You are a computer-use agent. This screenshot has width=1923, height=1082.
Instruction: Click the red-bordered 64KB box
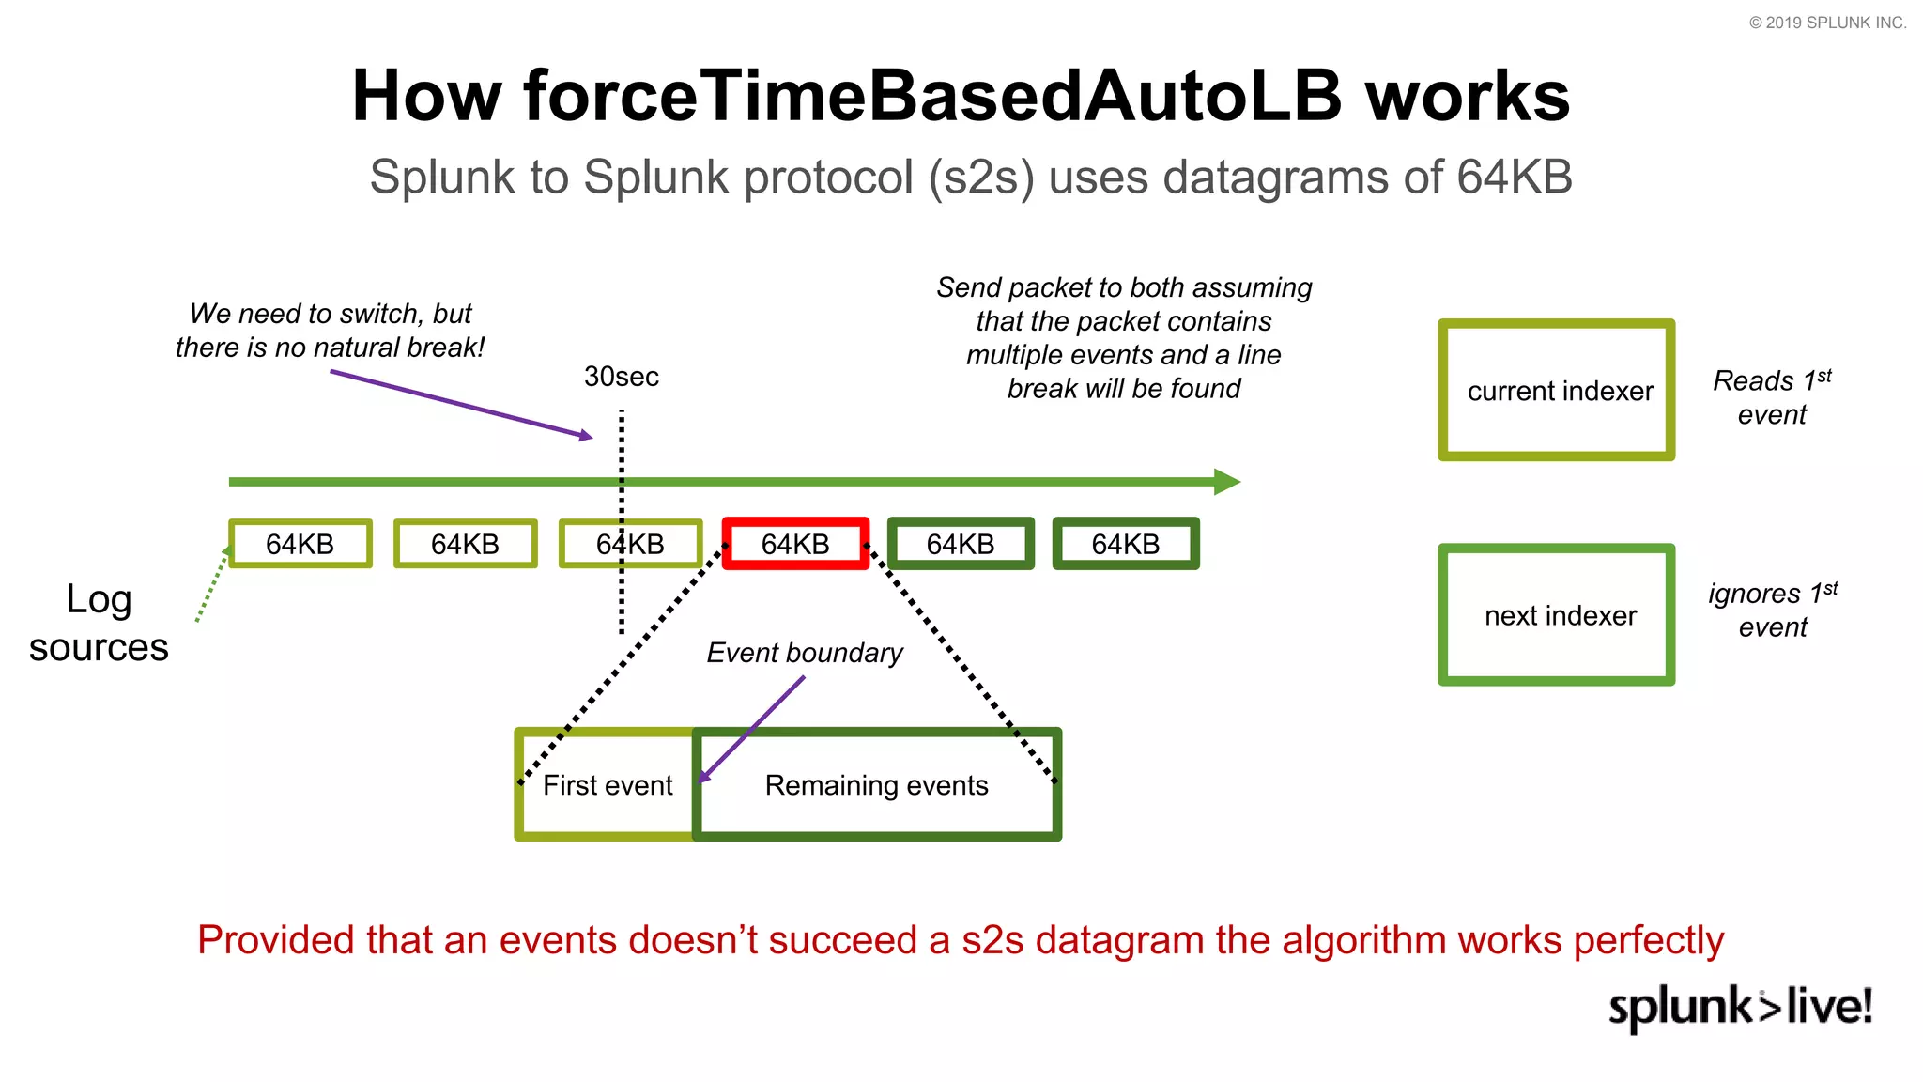[x=795, y=544]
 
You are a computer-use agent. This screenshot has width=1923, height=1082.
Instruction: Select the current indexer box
[x=1556, y=390]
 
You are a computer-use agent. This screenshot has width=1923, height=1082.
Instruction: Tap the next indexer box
[x=1556, y=615]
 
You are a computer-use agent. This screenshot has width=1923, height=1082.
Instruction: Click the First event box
[x=607, y=785]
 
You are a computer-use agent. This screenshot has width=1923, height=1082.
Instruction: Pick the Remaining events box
[x=876, y=785]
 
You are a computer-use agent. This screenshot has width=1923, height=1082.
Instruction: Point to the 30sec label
[x=621, y=377]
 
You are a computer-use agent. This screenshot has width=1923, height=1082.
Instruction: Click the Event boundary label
[x=804, y=653]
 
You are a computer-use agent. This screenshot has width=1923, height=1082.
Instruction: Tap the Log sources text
[x=99, y=623]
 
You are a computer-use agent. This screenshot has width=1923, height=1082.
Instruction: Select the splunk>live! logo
[x=1740, y=1007]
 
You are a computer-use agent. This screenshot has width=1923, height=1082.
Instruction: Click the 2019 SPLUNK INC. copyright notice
[x=1826, y=23]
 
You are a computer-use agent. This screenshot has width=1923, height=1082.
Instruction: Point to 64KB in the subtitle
[x=1514, y=178]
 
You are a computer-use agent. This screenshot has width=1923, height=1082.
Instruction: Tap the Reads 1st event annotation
[x=1771, y=397]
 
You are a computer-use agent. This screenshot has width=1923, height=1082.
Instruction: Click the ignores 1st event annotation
[x=1772, y=611]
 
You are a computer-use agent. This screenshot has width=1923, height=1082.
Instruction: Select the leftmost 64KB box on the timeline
[x=300, y=544]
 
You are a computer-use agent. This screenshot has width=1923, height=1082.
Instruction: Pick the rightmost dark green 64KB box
[x=1125, y=544]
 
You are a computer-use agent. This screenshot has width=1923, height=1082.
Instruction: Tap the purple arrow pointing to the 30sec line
[x=460, y=404]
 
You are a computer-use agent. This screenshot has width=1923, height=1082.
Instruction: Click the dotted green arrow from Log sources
[x=211, y=585]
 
